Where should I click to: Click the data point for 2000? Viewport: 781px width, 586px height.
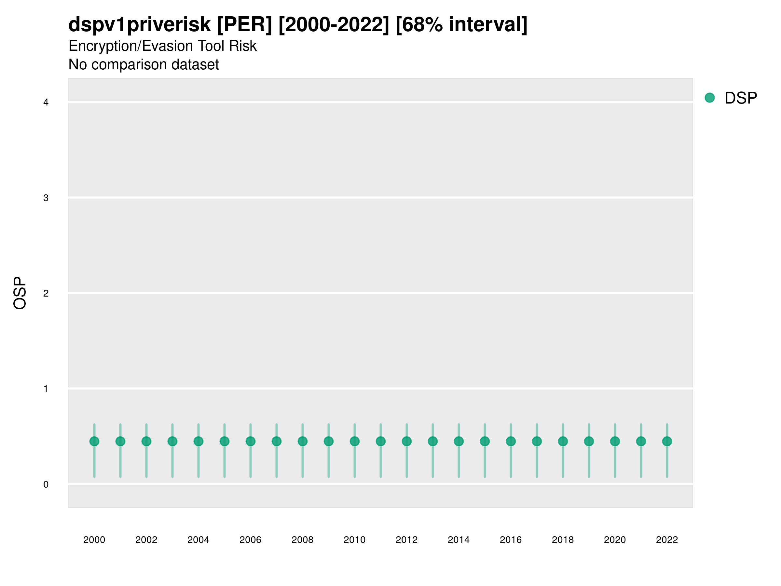click(x=94, y=441)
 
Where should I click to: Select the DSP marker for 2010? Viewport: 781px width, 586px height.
click(x=354, y=441)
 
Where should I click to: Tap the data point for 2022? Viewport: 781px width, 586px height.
click(x=667, y=441)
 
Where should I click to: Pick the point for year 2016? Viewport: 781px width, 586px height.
click(x=511, y=441)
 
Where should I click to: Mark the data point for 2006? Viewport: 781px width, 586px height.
click(x=250, y=441)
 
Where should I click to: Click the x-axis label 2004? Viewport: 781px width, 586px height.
click(x=199, y=540)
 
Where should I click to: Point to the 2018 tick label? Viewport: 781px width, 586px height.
click(x=563, y=540)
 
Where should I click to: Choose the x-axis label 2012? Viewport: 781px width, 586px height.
click(x=407, y=540)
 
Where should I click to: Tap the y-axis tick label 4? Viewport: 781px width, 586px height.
click(x=46, y=103)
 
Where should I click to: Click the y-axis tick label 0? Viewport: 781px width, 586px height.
click(x=46, y=484)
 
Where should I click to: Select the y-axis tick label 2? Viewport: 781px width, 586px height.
click(x=46, y=293)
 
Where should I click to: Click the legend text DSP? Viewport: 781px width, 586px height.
click(x=741, y=98)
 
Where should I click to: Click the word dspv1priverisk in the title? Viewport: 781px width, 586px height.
click(x=140, y=25)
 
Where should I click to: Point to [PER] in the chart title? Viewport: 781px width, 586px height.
click(x=244, y=25)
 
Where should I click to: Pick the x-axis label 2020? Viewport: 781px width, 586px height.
click(x=615, y=540)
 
